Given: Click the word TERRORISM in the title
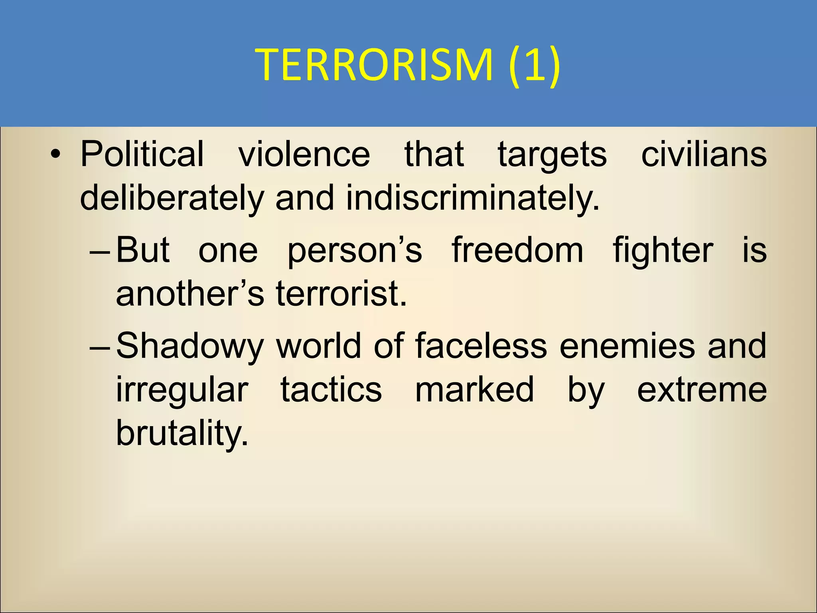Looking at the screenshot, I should pyautogui.click(x=374, y=65).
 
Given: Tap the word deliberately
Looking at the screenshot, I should pyautogui.click(x=172, y=199).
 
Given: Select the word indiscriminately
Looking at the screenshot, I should pyautogui.click(x=473, y=199).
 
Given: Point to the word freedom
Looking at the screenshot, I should pyautogui.click(x=517, y=250).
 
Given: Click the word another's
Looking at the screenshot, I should pyautogui.click(x=190, y=293).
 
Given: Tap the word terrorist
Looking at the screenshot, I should pyautogui.click(x=341, y=293).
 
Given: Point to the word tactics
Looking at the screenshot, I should pyautogui.click(x=331, y=390).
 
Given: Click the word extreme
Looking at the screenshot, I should pyautogui.click(x=702, y=390).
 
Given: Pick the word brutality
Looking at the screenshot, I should pyautogui.click(x=182, y=434).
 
